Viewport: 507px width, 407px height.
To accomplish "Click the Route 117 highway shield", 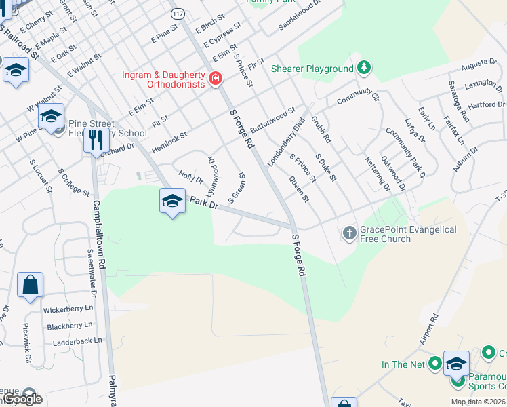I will pyautogui.click(x=178, y=14).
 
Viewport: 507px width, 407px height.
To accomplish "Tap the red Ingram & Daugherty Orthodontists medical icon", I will pyautogui.click(x=216, y=79).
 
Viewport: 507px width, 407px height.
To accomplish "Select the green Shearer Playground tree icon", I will pyautogui.click(x=364, y=68).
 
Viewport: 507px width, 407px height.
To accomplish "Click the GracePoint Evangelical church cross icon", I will pyautogui.click(x=349, y=234).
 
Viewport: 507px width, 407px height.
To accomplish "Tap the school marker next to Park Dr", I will pyautogui.click(x=173, y=201).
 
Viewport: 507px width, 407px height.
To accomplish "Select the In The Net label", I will pyautogui.click(x=403, y=364).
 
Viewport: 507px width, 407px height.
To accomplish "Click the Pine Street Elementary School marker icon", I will pyautogui.click(x=51, y=116).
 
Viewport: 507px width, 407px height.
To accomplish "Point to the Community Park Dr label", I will pyautogui.click(x=404, y=153).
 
